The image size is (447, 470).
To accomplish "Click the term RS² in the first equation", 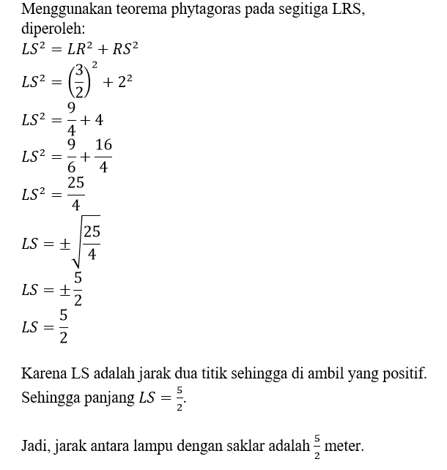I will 125,50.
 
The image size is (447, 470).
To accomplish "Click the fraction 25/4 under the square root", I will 91,243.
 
